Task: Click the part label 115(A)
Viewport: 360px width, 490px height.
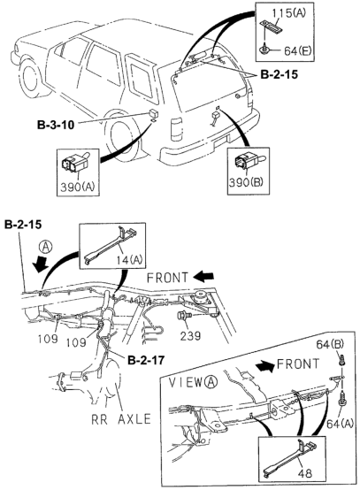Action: click(288, 12)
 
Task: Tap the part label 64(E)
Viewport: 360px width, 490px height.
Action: click(298, 50)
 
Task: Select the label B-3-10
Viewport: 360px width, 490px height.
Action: click(56, 125)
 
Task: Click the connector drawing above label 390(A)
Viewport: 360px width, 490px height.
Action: click(74, 165)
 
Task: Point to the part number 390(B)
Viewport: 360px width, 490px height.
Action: click(246, 182)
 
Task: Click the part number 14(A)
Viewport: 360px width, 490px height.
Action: click(129, 259)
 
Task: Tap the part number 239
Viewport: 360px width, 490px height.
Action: click(190, 335)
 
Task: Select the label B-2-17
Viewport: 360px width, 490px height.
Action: click(146, 360)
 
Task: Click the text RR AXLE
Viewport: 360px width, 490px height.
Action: click(121, 419)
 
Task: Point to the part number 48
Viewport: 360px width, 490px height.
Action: click(305, 473)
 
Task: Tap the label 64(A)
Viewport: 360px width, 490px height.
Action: click(340, 424)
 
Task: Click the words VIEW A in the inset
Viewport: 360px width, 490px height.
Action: click(193, 382)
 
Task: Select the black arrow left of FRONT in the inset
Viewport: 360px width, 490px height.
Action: click(265, 365)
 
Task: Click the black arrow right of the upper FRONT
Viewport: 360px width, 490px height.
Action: click(203, 276)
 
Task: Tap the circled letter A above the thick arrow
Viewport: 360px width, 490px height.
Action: click(46, 248)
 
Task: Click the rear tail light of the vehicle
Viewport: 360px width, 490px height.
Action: click(177, 130)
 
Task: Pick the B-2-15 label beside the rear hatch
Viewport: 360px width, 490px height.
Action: click(279, 74)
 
